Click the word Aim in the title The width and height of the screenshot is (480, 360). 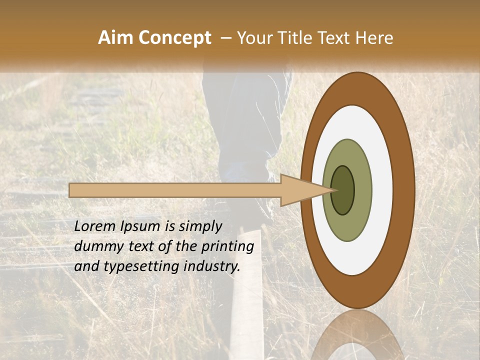click(x=116, y=38)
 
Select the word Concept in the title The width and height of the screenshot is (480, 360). click(x=175, y=38)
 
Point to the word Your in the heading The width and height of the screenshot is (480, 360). click(x=255, y=38)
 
